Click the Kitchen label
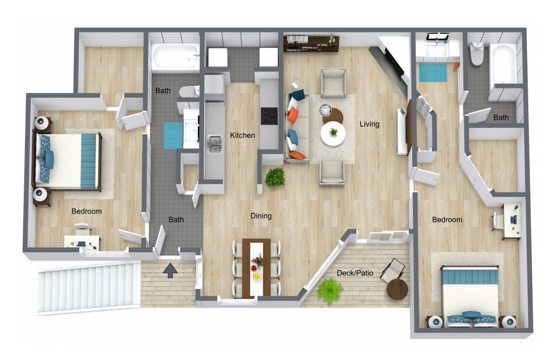(x=242, y=135)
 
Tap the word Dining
(x=261, y=216)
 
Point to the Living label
(x=369, y=124)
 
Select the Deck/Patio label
(x=355, y=273)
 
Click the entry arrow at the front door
(x=170, y=270)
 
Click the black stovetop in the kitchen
(x=269, y=116)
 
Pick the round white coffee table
(x=333, y=133)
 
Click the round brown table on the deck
(x=397, y=289)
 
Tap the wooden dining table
(x=256, y=267)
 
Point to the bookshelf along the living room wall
(x=311, y=43)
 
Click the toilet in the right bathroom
(x=477, y=53)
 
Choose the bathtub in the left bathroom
(x=175, y=57)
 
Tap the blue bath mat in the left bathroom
(x=173, y=135)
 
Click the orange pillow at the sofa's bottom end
(x=297, y=155)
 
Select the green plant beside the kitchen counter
(x=275, y=177)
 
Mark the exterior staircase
(x=89, y=287)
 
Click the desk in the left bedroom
(x=81, y=242)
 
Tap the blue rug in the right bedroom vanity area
(x=433, y=73)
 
